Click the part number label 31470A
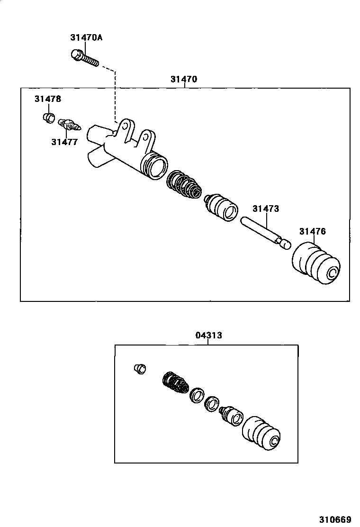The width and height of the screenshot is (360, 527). [x=86, y=37]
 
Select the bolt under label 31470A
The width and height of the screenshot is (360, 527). [x=84, y=58]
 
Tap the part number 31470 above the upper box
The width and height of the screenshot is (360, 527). [x=184, y=79]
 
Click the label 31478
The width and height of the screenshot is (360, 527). [x=47, y=99]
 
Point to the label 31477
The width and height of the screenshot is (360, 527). [x=64, y=142]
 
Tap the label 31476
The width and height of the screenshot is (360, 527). [x=312, y=231]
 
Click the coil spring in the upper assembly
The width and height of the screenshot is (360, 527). [x=185, y=185]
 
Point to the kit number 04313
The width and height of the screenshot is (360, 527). [x=208, y=336]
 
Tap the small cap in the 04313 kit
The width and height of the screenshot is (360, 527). [x=140, y=368]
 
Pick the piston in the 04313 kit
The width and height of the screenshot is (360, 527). [x=232, y=415]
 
